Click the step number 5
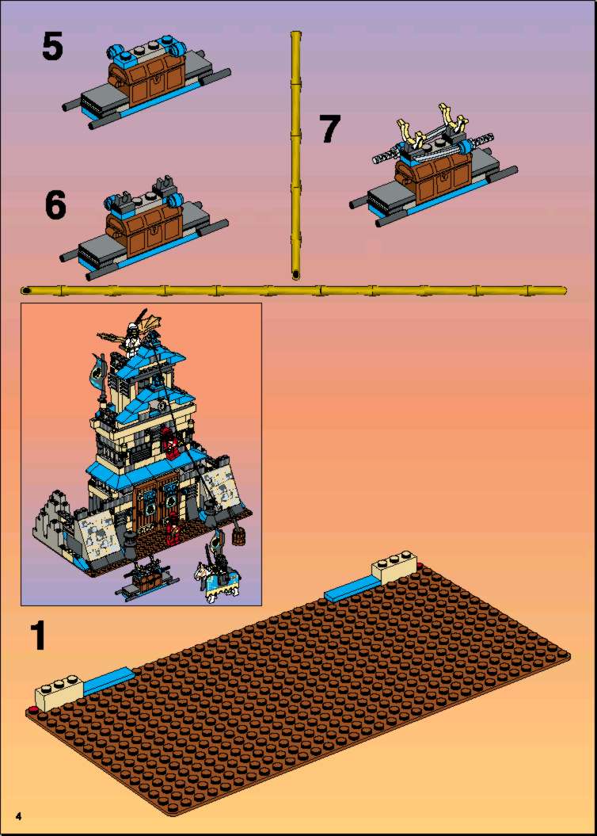click(x=52, y=46)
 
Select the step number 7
click(x=329, y=129)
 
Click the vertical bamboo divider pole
click(x=296, y=155)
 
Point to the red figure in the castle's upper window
click(x=170, y=441)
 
